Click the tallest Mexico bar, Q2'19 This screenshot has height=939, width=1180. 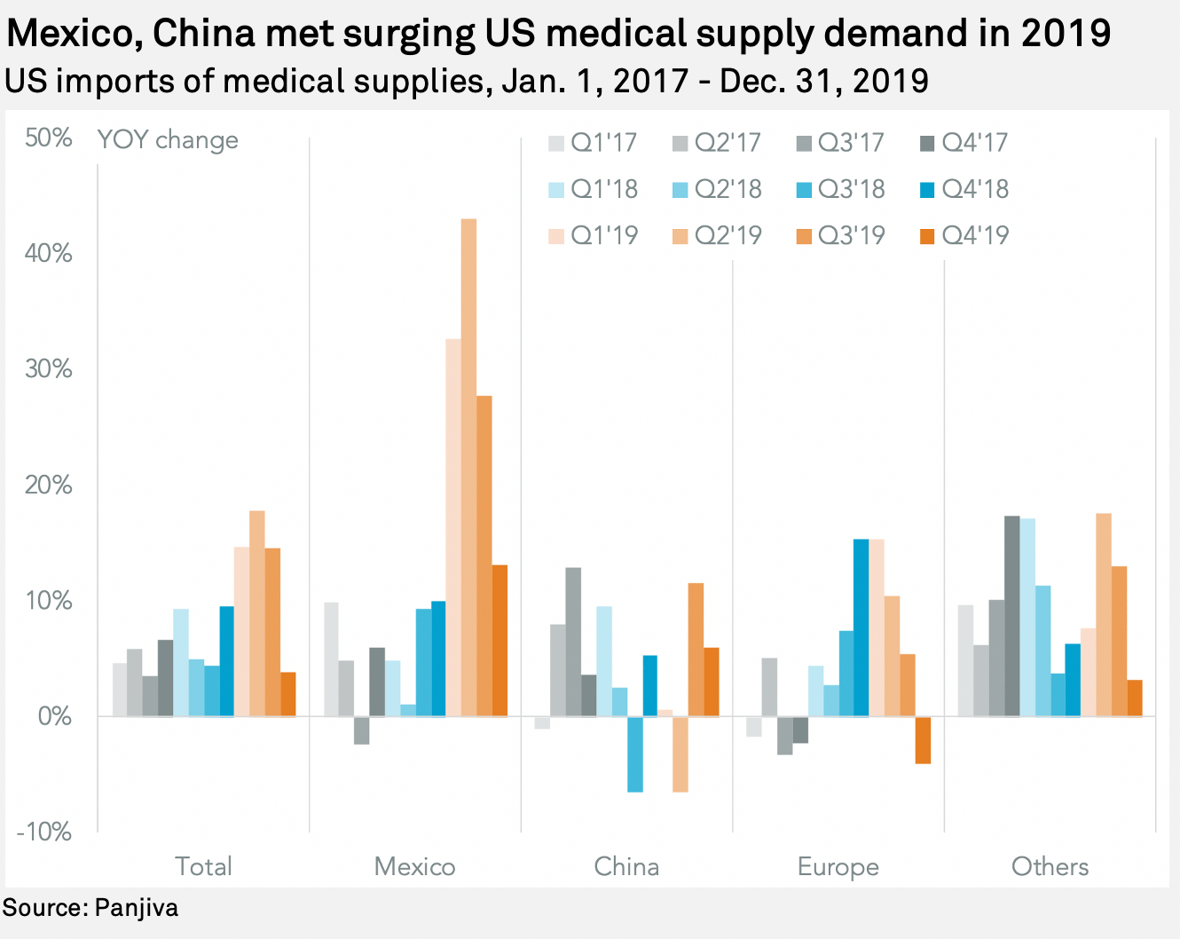(468, 467)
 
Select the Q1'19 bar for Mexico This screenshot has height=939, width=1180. (453, 527)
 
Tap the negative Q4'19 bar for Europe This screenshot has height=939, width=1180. (923, 739)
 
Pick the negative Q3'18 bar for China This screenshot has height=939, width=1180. (634, 754)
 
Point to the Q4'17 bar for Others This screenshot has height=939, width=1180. (1011, 616)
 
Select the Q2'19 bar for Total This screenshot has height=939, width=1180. (257, 613)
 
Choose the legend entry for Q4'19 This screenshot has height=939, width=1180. (965, 235)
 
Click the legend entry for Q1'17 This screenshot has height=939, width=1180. (593, 142)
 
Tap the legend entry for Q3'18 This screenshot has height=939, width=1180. (841, 189)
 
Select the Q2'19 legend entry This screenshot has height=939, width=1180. (717, 235)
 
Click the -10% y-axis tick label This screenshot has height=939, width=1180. (44, 832)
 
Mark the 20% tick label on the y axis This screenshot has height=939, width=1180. (49, 485)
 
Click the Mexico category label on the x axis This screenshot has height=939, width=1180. (414, 866)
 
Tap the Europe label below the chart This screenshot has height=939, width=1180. (838, 866)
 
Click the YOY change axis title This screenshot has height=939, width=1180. (168, 140)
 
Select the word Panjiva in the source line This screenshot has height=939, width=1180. (136, 908)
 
